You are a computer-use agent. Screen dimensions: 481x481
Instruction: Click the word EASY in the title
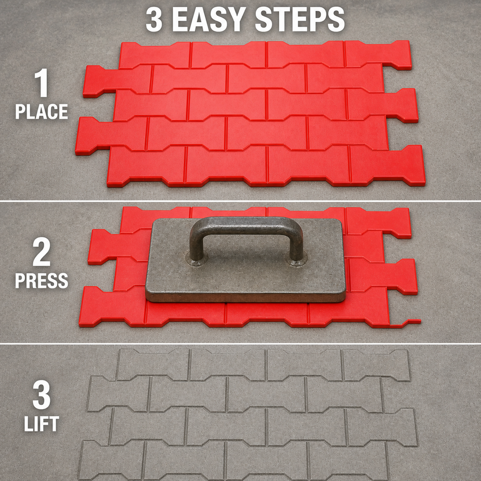coord(208,19)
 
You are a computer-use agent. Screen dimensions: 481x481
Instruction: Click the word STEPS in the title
coord(300,19)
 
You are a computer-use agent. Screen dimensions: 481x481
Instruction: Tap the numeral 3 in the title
coord(154,19)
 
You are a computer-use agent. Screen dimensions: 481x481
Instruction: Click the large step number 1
coord(42,83)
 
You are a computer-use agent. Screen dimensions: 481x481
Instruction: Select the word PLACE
coord(41,112)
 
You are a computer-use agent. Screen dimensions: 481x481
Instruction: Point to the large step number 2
coord(42,252)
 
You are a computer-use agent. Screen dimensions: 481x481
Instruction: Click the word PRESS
coord(41,281)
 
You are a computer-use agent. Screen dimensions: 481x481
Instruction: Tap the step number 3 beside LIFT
coord(42,395)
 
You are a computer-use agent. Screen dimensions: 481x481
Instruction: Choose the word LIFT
coord(42,424)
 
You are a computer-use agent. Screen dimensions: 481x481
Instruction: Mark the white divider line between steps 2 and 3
coord(240,343)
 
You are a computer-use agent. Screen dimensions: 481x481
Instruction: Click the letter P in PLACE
coord(20,112)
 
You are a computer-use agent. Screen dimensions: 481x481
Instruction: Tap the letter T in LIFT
coord(54,424)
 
